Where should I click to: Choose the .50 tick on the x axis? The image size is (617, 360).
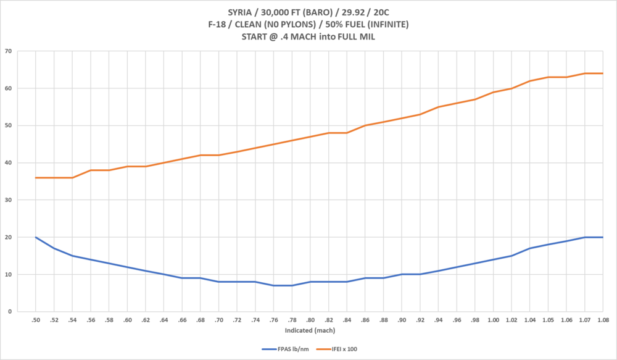pos(36,320)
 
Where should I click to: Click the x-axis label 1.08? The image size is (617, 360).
pos(602,320)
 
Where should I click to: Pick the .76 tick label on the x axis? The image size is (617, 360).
pos(273,320)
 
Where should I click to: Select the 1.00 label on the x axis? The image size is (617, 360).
pos(493,320)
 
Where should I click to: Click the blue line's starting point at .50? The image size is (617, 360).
pos(36,237)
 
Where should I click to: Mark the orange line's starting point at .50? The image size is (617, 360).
pos(36,178)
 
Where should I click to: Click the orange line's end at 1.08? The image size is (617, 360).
pos(602,73)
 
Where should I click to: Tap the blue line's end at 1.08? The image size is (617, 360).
pos(602,237)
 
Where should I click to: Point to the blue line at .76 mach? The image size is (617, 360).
pos(273,285)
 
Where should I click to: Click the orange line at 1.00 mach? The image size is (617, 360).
pos(493,92)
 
